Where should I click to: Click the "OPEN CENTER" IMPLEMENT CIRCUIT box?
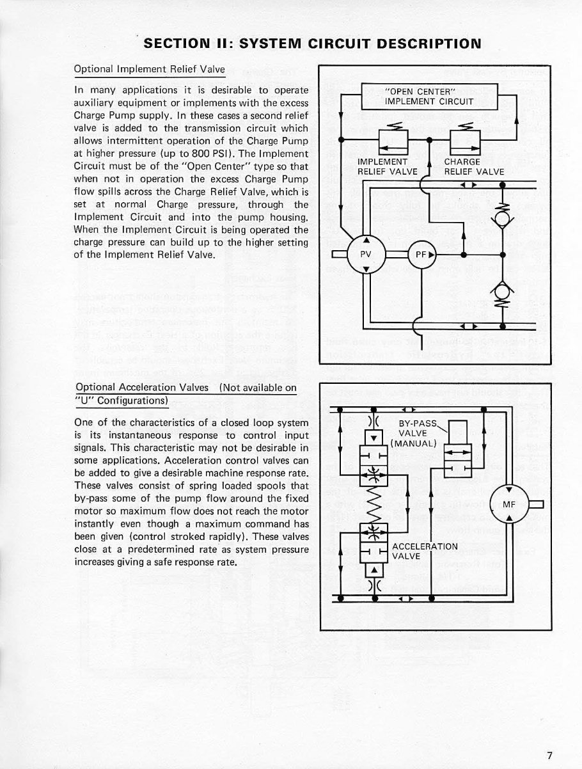(x=429, y=97)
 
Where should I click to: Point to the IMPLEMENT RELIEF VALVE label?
(x=387, y=166)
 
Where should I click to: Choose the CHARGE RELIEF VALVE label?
(x=474, y=166)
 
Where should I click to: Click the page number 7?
(x=549, y=736)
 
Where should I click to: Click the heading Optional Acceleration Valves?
(x=141, y=387)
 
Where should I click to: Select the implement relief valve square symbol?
(x=388, y=139)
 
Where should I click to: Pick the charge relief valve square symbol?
(x=460, y=139)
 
